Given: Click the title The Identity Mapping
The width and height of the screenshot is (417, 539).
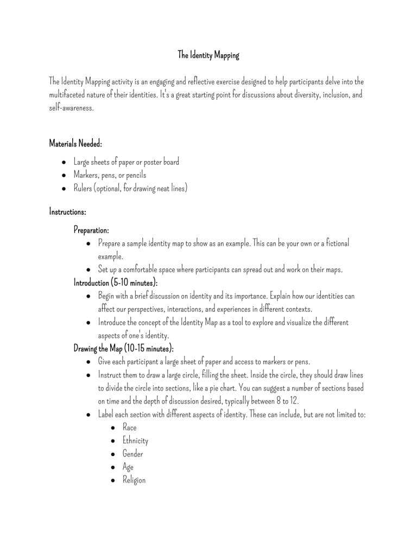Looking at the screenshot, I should (208, 55).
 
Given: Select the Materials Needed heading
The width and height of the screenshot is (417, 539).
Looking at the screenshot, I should (75, 144).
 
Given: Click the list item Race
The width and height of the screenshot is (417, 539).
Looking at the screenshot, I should (129, 427).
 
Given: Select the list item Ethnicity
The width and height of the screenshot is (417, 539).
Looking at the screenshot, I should (135, 440).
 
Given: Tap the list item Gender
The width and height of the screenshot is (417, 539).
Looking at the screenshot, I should (133, 453).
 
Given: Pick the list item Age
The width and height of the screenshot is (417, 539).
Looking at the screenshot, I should (128, 467).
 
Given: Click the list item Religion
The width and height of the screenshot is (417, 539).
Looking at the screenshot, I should (134, 480).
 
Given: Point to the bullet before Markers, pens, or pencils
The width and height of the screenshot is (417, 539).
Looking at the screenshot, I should (64, 176).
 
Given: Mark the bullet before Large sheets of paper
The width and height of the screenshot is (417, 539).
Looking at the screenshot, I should (64, 162).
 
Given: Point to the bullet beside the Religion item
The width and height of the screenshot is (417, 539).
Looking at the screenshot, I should (112, 480).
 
